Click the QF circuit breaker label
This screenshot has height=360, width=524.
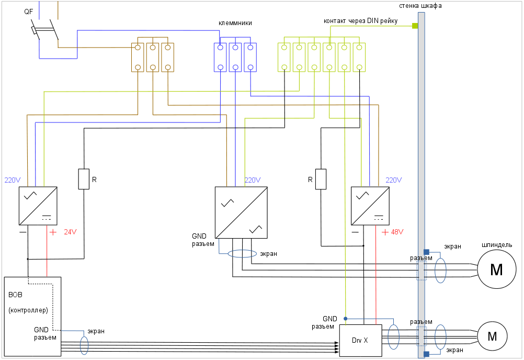pyautogui.click(x=28, y=12)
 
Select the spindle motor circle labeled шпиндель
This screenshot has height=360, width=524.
pyautogui.click(x=496, y=270)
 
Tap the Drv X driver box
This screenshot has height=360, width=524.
pyautogui.click(x=360, y=340)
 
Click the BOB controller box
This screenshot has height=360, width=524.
pyautogui.click(x=32, y=316)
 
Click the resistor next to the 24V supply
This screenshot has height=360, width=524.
pyautogui.click(x=84, y=178)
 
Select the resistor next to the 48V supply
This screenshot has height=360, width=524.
pyautogui.click(x=321, y=179)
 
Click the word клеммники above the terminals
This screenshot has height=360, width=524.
pyautogui.click(x=235, y=23)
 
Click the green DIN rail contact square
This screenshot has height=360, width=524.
pyautogui.click(x=415, y=26)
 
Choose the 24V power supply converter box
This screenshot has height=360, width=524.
pyautogui.click(x=38, y=205)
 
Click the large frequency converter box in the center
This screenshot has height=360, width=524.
pyautogui.click(x=242, y=212)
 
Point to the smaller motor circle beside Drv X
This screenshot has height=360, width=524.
pyautogui.click(x=492, y=336)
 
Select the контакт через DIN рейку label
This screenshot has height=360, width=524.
pyautogui.click(x=361, y=21)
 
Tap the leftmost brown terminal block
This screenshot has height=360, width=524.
pyautogui.click(x=138, y=57)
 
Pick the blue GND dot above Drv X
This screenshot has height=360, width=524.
pyautogui.click(x=345, y=318)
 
